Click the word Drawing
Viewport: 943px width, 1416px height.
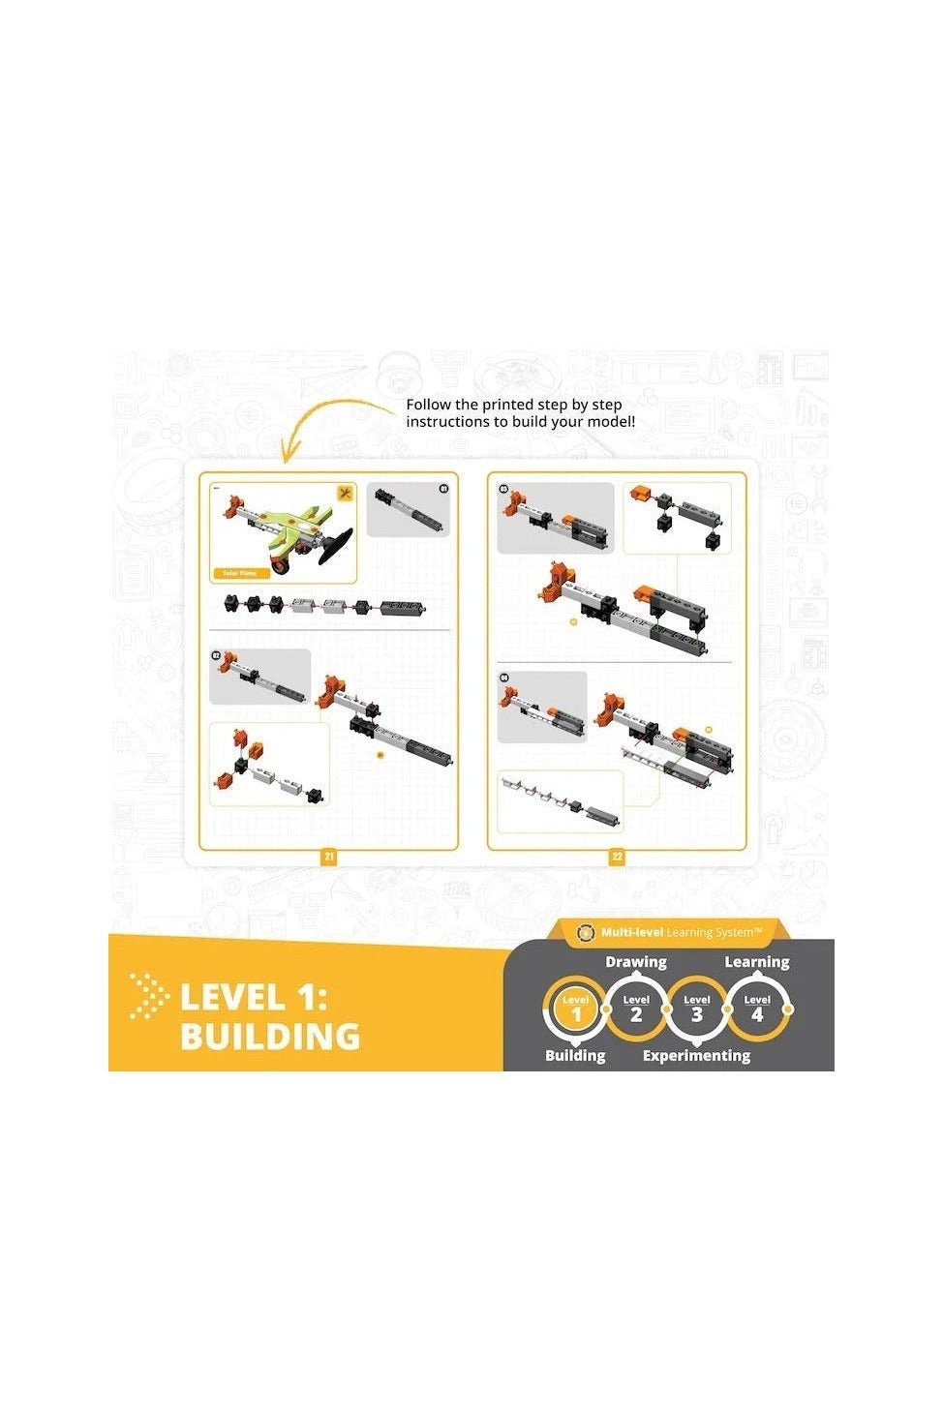[636, 962]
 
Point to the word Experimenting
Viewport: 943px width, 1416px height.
[696, 1056]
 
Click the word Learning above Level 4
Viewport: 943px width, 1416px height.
[757, 962]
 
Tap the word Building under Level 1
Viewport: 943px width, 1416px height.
[575, 1056]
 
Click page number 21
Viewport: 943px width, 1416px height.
[329, 858]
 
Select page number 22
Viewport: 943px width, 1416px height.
[617, 858]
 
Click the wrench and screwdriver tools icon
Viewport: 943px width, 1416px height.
[345, 494]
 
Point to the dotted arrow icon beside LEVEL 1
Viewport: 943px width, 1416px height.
[148, 997]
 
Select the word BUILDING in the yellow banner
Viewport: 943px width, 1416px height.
[270, 1037]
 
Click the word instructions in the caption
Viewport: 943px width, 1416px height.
[449, 422]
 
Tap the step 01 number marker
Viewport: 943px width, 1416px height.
[444, 489]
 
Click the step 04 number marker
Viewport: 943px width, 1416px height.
[504, 678]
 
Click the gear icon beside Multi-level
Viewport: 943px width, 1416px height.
[585, 932]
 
